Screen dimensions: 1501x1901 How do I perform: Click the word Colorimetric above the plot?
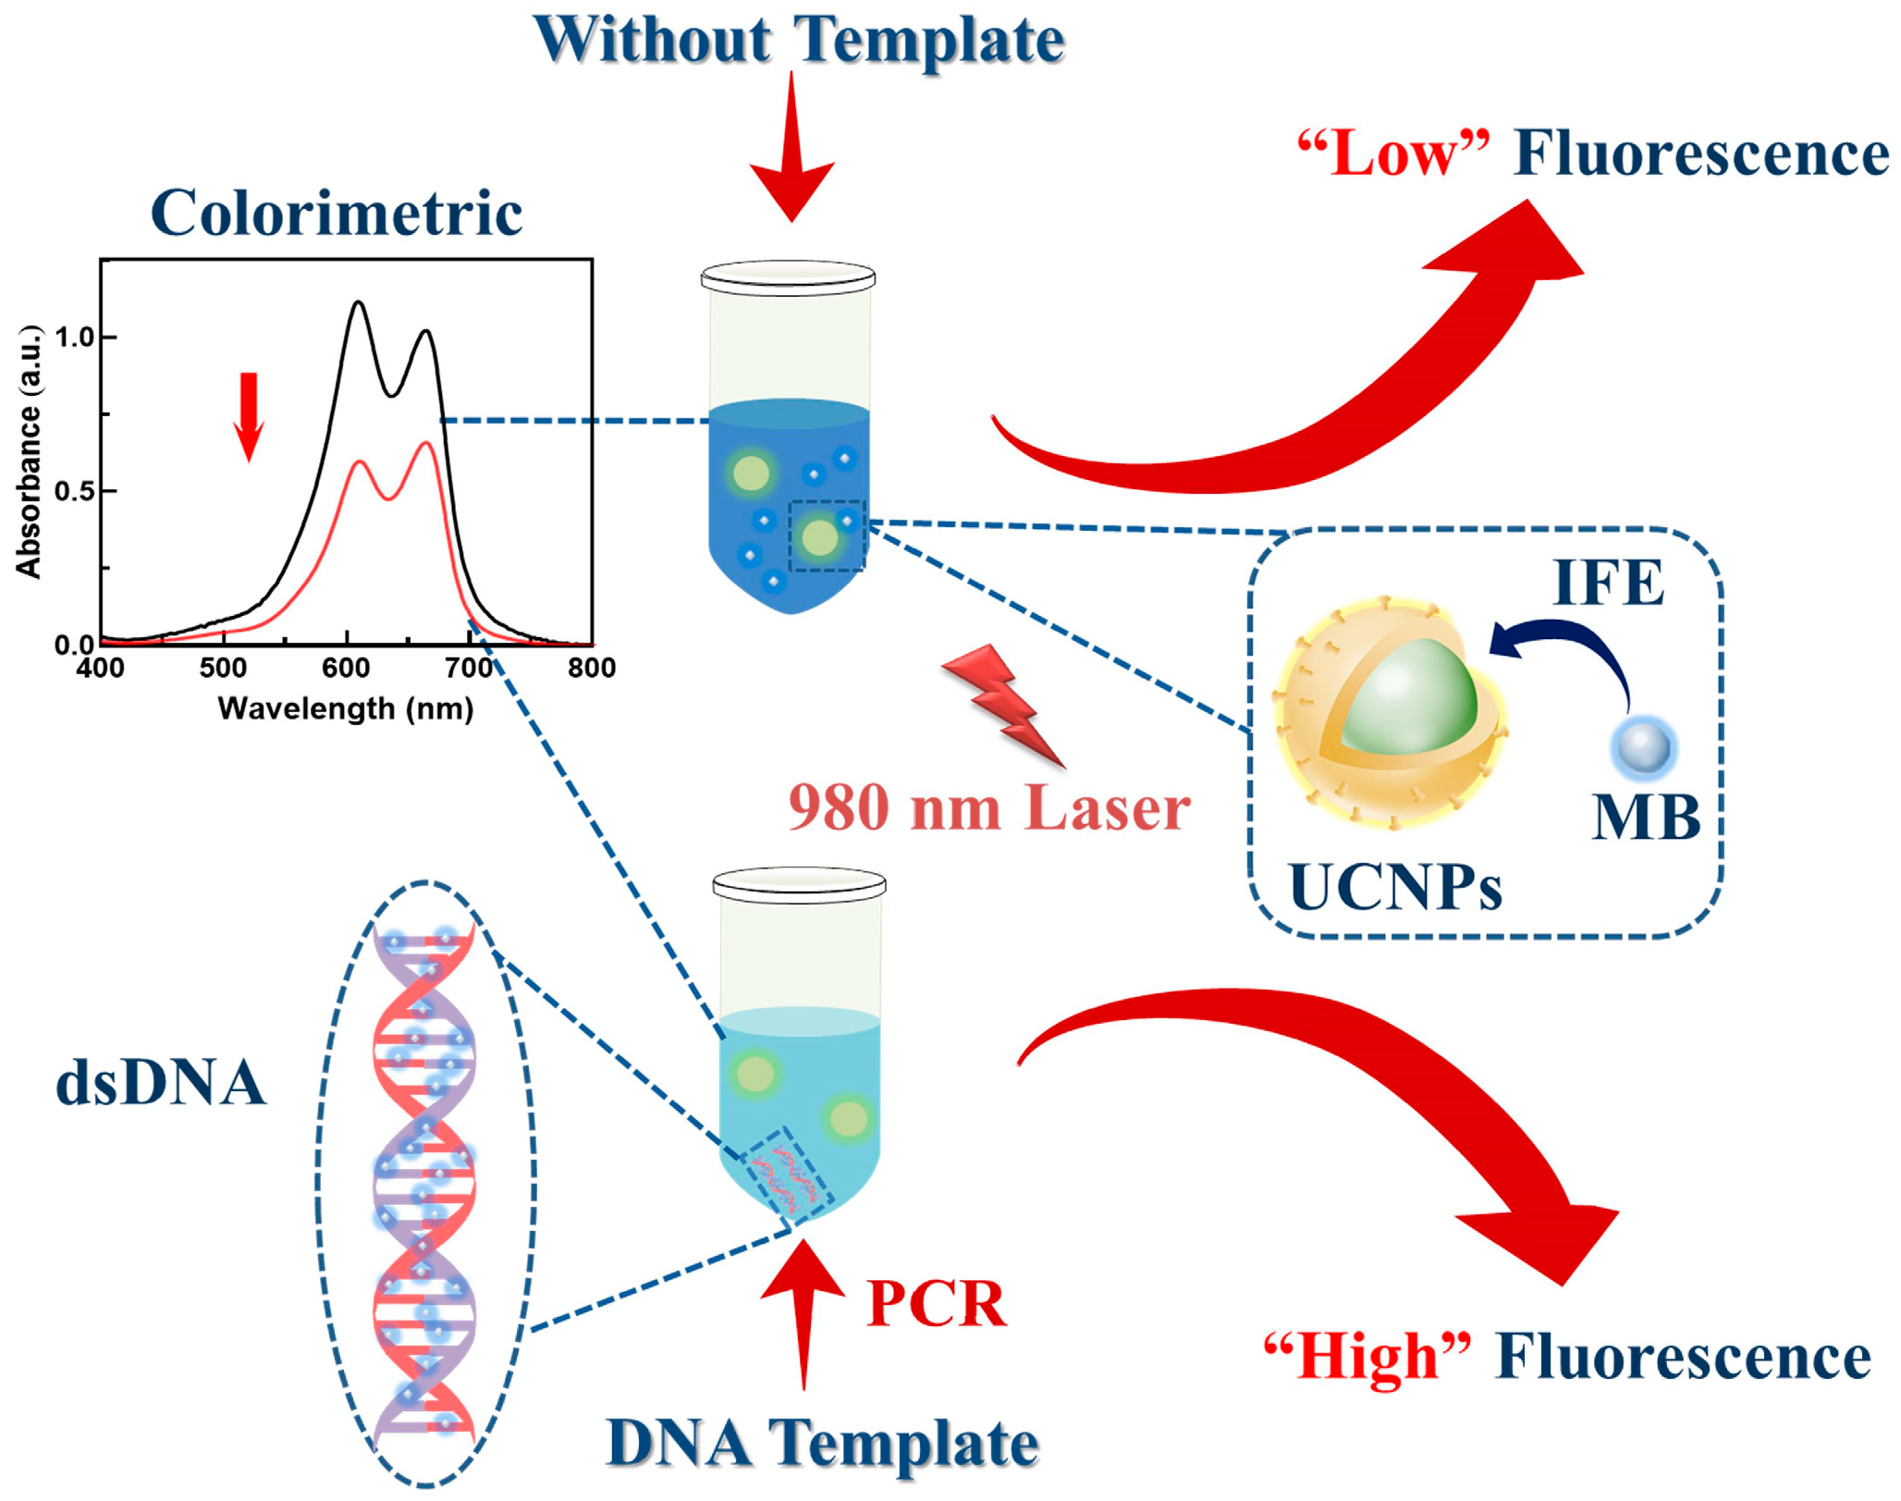tap(337, 213)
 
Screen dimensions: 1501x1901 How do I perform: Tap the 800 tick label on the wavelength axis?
tap(592, 668)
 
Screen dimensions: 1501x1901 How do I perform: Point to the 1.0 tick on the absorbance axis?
tap(75, 338)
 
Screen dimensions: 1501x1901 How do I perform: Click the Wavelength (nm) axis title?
tap(346, 708)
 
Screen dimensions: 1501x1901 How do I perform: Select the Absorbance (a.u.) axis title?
tap(30, 451)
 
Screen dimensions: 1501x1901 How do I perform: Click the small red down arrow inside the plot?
tap(249, 415)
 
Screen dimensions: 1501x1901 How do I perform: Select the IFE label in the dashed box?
tap(1608, 583)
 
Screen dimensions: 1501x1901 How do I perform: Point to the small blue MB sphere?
tap(1644, 747)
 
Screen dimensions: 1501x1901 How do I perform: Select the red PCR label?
tap(936, 1304)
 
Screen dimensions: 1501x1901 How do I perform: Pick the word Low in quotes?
tap(1393, 154)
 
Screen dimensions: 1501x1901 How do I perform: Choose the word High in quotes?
tap(1367, 1357)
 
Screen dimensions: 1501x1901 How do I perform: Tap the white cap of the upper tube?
tap(788, 277)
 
